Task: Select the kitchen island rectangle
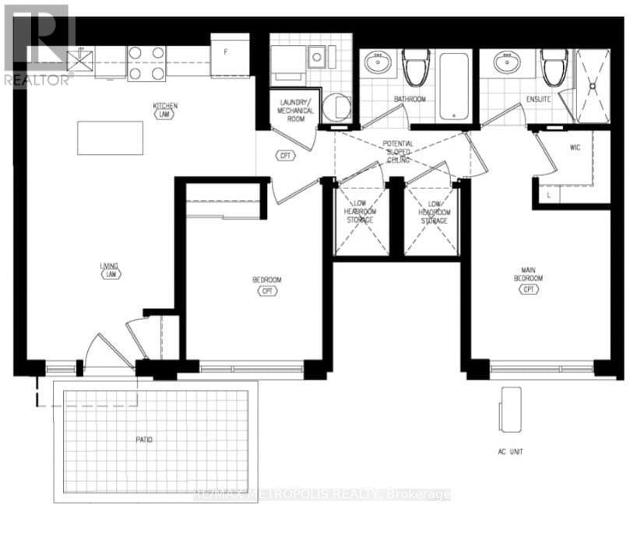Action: click(x=111, y=138)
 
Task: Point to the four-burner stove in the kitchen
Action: click(x=146, y=63)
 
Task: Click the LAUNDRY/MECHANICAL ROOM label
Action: click(x=295, y=111)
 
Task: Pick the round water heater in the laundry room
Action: click(x=336, y=107)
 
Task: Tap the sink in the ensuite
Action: click(x=504, y=61)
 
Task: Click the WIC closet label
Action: click(x=576, y=146)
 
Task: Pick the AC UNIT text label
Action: click(x=512, y=451)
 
